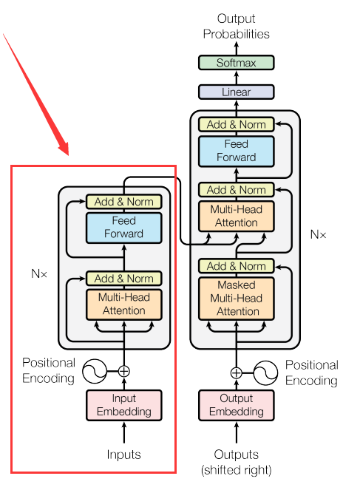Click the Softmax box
click(x=236, y=63)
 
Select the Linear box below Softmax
click(x=236, y=92)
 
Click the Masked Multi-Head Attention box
click(x=236, y=298)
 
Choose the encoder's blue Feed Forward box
click(x=123, y=228)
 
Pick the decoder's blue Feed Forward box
click(x=236, y=151)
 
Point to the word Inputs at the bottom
click(x=123, y=454)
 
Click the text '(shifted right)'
click(x=236, y=469)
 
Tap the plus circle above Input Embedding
click(x=123, y=372)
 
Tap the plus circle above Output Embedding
click(x=236, y=372)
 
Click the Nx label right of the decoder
click(x=318, y=234)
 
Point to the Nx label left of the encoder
click(x=39, y=273)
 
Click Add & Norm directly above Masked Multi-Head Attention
click(x=236, y=266)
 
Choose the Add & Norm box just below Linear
click(x=236, y=125)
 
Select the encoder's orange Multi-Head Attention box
click(x=123, y=304)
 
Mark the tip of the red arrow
click(x=68, y=154)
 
